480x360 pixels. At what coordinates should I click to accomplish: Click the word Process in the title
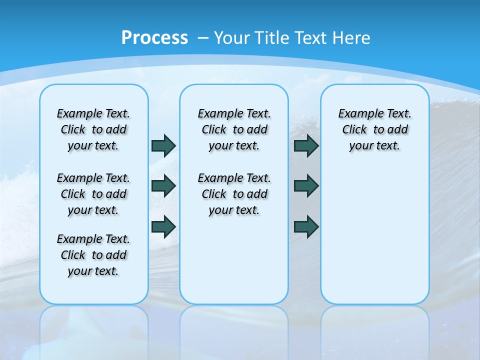[x=154, y=37]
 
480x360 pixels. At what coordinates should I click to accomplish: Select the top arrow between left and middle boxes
[x=163, y=145]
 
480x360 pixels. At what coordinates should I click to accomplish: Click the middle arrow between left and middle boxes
[x=163, y=186]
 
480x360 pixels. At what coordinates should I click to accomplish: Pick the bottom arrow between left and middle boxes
[x=163, y=226]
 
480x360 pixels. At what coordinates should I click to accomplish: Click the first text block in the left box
[x=93, y=129]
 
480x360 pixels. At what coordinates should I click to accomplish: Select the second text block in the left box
[x=93, y=194]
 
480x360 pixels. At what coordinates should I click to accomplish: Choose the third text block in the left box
[x=93, y=255]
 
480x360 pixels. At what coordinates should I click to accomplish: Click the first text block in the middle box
[x=234, y=129]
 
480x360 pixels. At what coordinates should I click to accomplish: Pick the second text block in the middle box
[x=234, y=194]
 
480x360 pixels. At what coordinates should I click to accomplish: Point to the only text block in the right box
[x=375, y=129]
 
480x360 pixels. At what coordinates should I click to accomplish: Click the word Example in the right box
[x=356, y=114]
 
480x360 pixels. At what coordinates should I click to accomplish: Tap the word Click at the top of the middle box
[x=214, y=130]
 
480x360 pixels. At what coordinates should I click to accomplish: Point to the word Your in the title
[x=232, y=38]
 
